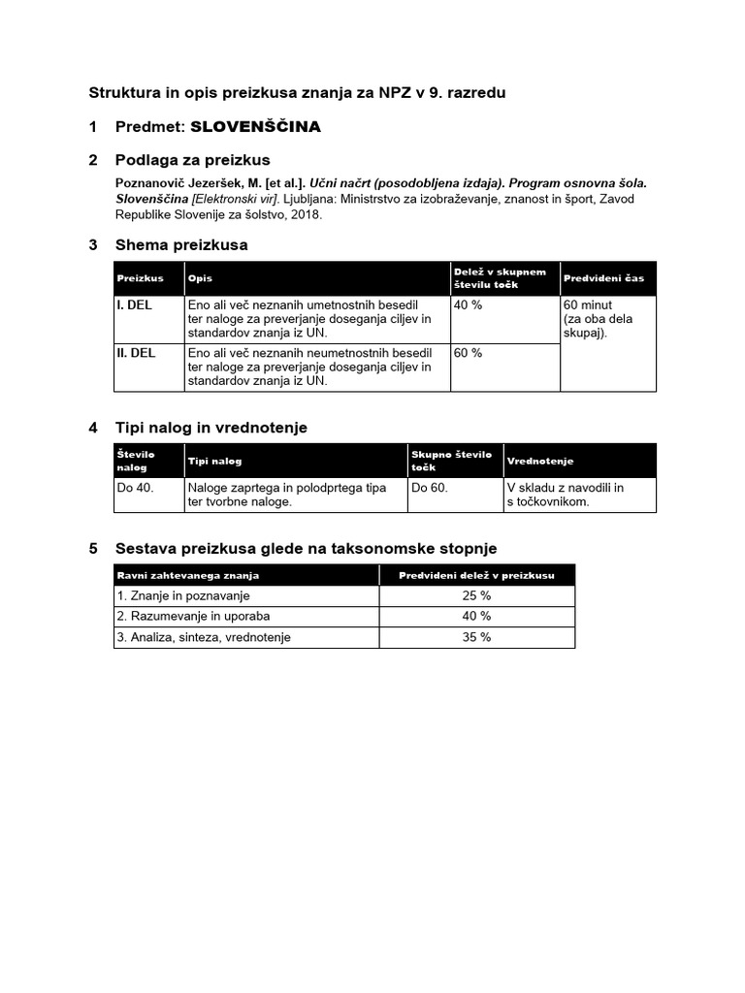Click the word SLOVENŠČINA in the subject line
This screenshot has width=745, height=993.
pos(255,127)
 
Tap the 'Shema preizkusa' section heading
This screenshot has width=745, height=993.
pos(180,245)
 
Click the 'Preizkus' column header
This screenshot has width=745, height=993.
pos(141,278)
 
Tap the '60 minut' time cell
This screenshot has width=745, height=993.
pos(588,305)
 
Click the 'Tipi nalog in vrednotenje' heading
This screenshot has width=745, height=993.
pos(211,428)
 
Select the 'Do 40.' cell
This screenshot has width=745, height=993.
pos(136,488)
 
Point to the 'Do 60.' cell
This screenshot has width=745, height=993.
pos(430,488)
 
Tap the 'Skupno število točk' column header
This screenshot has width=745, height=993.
pos(451,461)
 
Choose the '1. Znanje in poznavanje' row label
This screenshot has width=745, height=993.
pos(183,595)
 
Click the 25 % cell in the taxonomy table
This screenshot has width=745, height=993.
pos(476,595)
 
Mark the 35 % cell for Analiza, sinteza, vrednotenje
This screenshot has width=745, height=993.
pos(476,637)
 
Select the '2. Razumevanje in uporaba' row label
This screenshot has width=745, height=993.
pos(193,616)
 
